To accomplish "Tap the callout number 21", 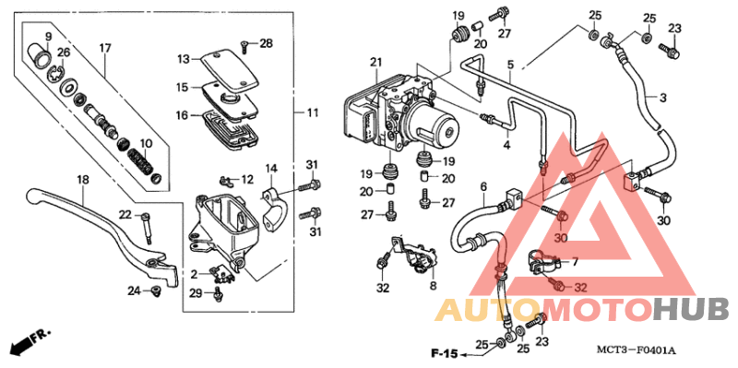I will click(375, 63).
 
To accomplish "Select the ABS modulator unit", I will click(397, 115).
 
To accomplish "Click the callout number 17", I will click(104, 48).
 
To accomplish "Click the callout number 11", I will click(313, 113).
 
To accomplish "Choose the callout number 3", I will click(661, 96).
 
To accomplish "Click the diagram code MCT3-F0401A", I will click(637, 350).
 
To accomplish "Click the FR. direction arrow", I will click(28, 342).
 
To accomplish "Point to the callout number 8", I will click(431, 287).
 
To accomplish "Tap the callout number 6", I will click(482, 188).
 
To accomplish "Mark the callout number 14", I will click(271, 168).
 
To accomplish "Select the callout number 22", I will click(125, 215).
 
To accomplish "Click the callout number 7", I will click(574, 262).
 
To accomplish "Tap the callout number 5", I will click(509, 65).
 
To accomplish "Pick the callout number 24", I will click(133, 291).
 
